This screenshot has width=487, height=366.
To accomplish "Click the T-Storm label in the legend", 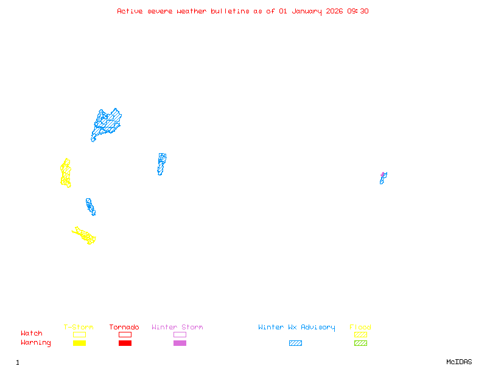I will pyautogui.click(x=79, y=328).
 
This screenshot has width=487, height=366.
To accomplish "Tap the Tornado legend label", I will pyautogui.click(x=124, y=328).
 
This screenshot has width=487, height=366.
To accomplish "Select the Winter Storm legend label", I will pyautogui.click(x=177, y=328).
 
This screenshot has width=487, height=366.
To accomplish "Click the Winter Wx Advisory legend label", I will pyautogui.click(x=296, y=328).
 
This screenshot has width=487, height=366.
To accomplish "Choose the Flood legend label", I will pyautogui.click(x=360, y=328).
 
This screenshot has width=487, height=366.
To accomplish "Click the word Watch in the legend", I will pyautogui.click(x=32, y=334).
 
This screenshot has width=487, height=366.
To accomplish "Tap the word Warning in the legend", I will pyautogui.click(x=36, y=343).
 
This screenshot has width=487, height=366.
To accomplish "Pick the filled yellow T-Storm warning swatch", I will pyautogui.click(x=79, y=343).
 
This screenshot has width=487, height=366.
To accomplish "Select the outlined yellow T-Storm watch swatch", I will pyautogui.click(x=79, y=334).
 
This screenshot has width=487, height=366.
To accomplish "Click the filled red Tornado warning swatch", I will pyautogui.click(x=125, y=343).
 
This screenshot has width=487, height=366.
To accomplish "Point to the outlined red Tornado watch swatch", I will pyautogui.click(x=125, y=334).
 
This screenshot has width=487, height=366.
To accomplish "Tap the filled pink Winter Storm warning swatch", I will pyautogui.click(x=180, y=343).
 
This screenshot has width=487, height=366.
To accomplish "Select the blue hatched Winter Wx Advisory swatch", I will pyautogui.click(x=295, y=343).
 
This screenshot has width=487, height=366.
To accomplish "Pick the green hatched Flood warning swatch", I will pyautogui.click(x=360, y=343).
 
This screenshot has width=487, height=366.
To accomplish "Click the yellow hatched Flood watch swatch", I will pyautogui.click(x=360, y=334).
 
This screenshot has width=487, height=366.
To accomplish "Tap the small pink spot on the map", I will pyautogui.click(x=383, y=174).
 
